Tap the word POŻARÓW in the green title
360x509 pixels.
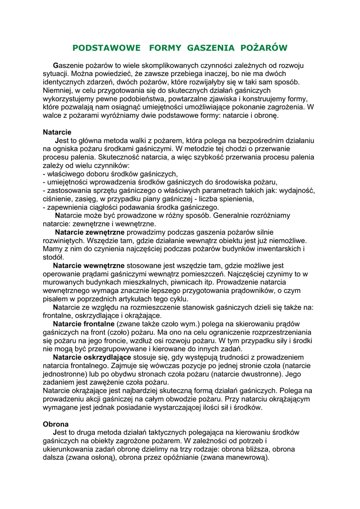point(264,48)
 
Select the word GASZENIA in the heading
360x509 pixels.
point(211,48)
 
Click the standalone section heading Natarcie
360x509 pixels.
point(57,132)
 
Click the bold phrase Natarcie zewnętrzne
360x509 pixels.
point(90,232)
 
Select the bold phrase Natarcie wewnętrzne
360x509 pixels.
point(89,265)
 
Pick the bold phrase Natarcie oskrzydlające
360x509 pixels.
point(92,357)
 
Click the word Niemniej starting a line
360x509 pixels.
point(58,90)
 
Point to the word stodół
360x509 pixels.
point(53,257)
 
